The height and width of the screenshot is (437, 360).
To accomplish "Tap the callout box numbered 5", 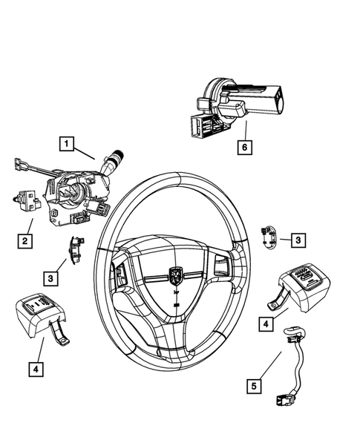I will pyautogui.click(x=255, y=385).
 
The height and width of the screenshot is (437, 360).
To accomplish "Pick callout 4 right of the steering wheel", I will pyautogui.click(x=264, y=323).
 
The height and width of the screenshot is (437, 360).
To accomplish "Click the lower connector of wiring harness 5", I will pyautogui.click(x=282, y=401).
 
